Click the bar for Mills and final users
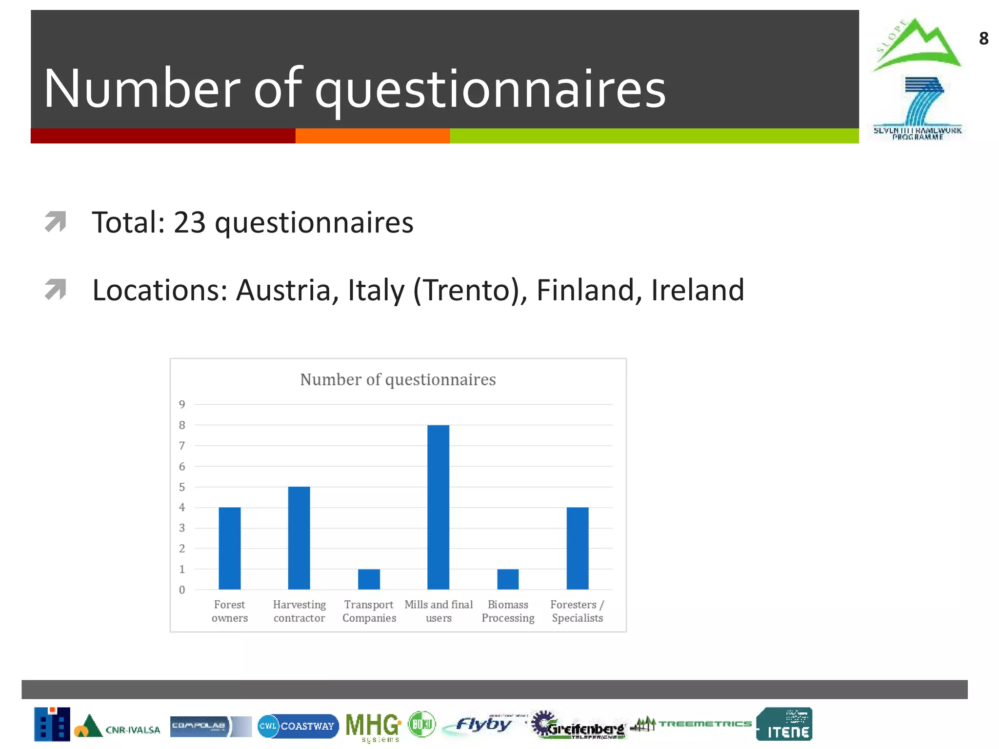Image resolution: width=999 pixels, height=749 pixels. [x=438, y=507]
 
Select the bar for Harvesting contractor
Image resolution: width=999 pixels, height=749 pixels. [x=299, y=538]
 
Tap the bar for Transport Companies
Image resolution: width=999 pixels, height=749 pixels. [x=369, y=579]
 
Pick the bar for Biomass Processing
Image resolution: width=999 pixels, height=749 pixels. [x=508, y=579]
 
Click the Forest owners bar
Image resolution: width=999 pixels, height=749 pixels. [x=230, y=548]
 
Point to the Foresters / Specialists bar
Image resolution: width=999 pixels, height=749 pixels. [x=578, y=548]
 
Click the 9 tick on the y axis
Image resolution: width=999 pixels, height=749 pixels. [x=182, y=404]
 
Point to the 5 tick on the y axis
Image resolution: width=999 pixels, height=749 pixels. [x=182, y=487]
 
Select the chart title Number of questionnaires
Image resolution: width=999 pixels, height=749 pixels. [x=398, y=379]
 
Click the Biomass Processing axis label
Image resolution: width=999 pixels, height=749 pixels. [x=508, y=611]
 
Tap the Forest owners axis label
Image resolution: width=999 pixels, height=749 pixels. [x=230, y=611]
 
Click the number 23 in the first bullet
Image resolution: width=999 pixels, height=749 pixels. [x=190, y=223]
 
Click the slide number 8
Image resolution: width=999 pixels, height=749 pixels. [x=983, y=39]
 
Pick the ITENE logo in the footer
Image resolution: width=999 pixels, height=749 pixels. [x=784, y=724]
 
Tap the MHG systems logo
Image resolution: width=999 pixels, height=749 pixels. [x=373, y=726]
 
